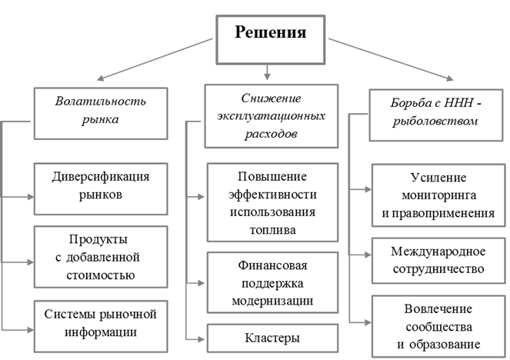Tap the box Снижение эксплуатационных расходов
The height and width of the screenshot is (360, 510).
point(265,116)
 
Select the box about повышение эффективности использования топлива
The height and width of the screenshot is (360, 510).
point(272,200)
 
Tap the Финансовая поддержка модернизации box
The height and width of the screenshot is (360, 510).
point(272,282)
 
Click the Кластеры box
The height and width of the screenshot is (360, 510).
point(272,338)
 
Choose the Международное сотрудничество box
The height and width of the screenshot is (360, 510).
point(436,260)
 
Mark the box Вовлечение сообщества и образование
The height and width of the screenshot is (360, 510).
point(436,326)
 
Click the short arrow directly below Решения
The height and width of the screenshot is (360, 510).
point(265,73)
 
